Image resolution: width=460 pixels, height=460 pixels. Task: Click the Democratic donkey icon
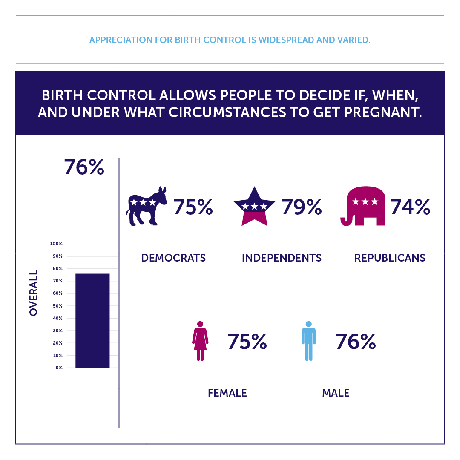(x=146, y=206)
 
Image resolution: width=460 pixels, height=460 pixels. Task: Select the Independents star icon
(x=254, y=206)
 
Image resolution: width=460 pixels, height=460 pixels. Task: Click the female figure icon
(x=200, y=341)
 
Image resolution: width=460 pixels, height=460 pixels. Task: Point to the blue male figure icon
(x=309, y=341)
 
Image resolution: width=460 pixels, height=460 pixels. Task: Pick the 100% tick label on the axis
(x=56, y=244)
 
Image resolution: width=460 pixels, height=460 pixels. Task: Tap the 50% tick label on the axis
(x=57, y=306)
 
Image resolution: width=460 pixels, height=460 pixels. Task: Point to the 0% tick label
(x=59, y=368)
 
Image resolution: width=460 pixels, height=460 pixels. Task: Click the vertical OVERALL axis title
(x=34, y=293)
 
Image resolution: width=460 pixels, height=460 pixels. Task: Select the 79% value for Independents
(x=302, y=207)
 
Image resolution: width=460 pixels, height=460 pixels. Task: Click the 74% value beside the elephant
(x=410, y=207)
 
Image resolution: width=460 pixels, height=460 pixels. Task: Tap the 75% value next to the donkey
(x=193, y=207)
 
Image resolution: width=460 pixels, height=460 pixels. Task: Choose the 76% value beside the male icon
(x=356, y=342)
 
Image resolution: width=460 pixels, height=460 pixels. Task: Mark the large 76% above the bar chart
(x=84, y=167)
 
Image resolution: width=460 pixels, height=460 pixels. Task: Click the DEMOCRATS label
(x=173, y=258)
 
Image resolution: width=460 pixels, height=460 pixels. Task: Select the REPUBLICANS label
(x=390, y=258)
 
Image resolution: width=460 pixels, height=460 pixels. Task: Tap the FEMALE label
(x=227, y=393)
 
